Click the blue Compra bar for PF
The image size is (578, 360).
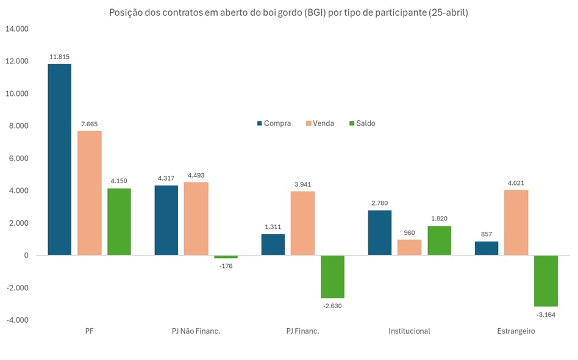[x=60, y=159]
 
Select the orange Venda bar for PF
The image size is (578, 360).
[x=90, y=193]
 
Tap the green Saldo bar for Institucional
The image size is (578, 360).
[x=439, y=240]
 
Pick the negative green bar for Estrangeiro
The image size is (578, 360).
[x=546, y=281]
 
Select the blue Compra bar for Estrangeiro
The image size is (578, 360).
[x=486, y=248]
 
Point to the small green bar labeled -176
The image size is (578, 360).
[x=226, y=257]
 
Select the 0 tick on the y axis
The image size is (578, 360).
[x=26, y=255]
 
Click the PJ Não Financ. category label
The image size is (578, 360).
[x=196, y=331]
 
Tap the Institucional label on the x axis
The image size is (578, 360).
[x=409, y=331]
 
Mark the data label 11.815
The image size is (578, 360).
[x=60, y=56]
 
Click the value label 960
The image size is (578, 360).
[x=409, y=232]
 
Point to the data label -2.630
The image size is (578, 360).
[x=332, y=306]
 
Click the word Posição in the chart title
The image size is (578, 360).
[x=126, y=13]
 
